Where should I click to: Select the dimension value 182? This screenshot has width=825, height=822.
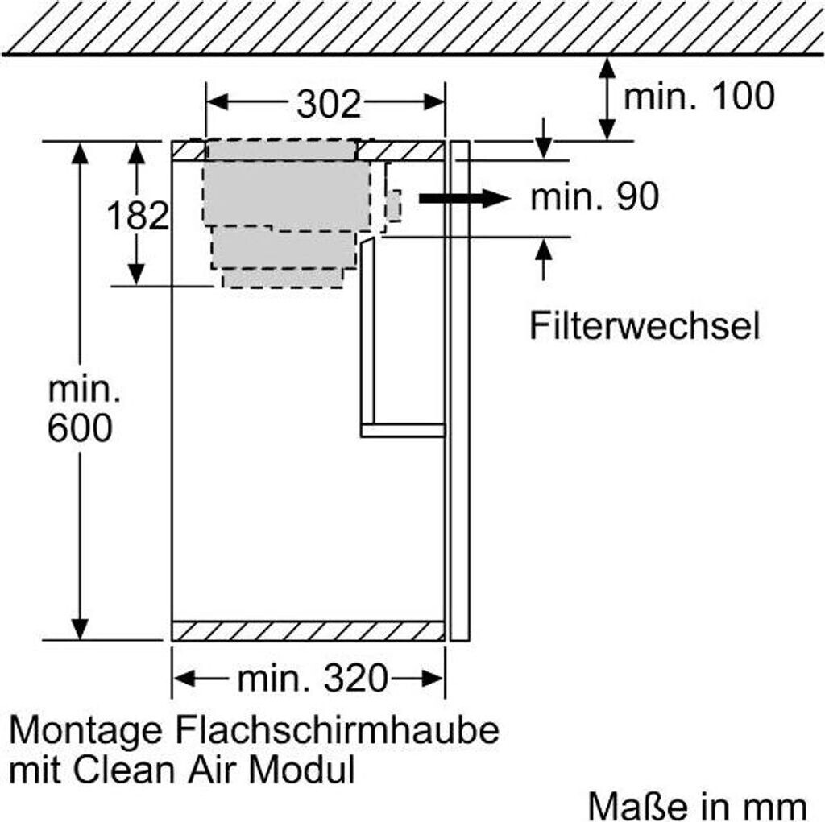coord(138,216)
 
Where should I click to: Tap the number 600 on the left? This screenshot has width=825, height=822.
coord(80,428)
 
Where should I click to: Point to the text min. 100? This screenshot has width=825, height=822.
coord(699,97)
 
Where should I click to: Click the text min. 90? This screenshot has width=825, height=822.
coord(595,197)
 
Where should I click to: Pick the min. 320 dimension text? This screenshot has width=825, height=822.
coord(313,679)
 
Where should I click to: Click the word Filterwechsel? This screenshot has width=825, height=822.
coord(645,326)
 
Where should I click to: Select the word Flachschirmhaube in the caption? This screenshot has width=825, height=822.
coord(334,732)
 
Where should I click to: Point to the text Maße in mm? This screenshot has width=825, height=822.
coord(697,805)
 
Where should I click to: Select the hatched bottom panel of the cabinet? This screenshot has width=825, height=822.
coord(308,630)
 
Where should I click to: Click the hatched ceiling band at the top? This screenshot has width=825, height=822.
coord(412,26)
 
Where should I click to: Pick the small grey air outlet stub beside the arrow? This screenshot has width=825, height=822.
coord(393,206)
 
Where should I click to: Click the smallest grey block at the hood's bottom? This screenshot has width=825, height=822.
coord(282,278)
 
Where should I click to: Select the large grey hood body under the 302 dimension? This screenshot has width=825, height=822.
coord(286,193)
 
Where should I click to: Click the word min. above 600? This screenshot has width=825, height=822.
coord(84,390)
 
